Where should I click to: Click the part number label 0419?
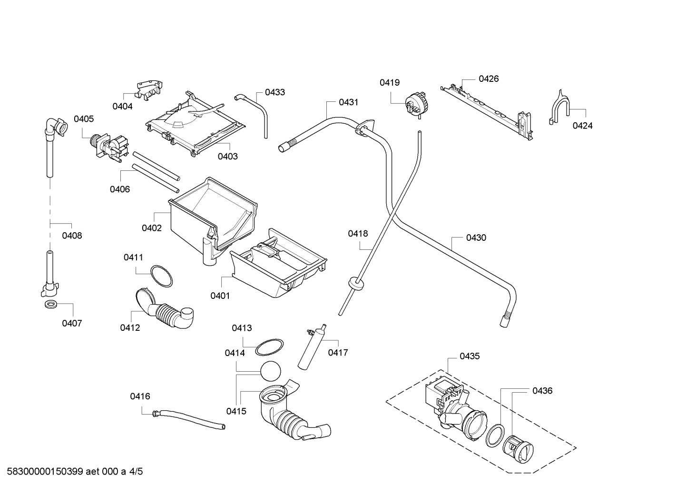coord(390,82)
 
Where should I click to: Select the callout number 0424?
coord(582,126)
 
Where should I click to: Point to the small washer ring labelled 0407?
coord(50,305)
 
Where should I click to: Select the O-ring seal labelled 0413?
coord(269,347)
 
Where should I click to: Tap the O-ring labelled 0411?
coord(161,276)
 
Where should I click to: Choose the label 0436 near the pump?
coord(542,391)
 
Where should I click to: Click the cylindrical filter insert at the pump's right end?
coord(518,450)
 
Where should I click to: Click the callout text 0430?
coord(476,238)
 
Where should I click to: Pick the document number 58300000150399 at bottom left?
coord(45,472)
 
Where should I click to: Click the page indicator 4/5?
coord(136,472)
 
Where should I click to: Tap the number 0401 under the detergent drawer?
coord(220,296)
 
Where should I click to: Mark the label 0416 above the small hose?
coord(140,396)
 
